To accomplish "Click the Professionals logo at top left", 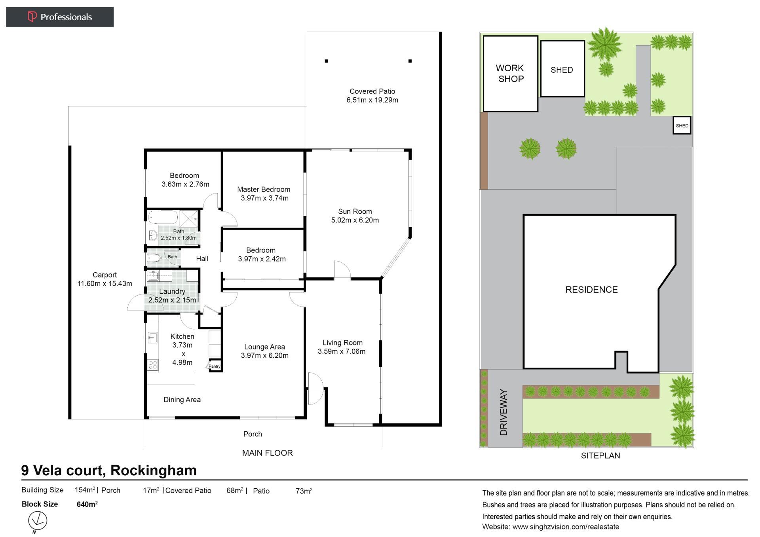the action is (x=60, y=17).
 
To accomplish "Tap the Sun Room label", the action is (x=355, y=211).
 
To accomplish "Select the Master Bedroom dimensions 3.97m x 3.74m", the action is (x=264, y=198).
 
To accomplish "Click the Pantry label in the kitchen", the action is (x=214, y=366).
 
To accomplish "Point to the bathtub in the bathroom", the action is (x=163, y=217).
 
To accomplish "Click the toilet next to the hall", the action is (x=154, y=258).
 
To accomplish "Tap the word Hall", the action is (x=202, y=258).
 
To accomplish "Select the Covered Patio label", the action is (x=372, y=91).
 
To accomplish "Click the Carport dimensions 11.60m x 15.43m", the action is (x=104, y=283).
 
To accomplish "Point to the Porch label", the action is (x=253, y=434).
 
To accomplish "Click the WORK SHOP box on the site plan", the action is (x=510, y=74).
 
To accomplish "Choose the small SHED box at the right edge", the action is (x=682, y=125).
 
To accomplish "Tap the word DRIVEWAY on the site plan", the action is (x=503, y=412).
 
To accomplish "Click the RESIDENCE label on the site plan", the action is (x=591, y=290).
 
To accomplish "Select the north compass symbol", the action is (x=38, y=521).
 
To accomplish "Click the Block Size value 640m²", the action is (x=87, y=504).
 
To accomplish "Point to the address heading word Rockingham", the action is (x=154, y=470).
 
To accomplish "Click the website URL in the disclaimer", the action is (x=566, y=527).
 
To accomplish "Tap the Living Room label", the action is (x=342, y=343).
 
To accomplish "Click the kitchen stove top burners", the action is (x=153, y=364).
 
